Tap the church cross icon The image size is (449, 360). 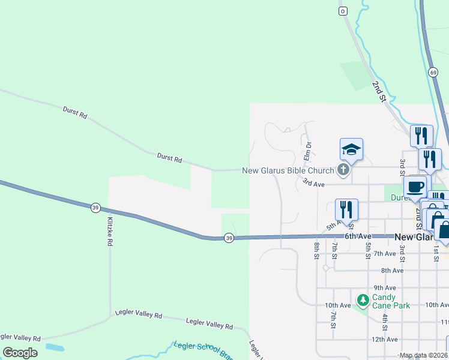pyautogui.click(x=343, y=170)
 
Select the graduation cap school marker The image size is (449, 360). pyautogui.click(x=351, y=149)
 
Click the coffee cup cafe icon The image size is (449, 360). pyautogui.click(x=417, y=187)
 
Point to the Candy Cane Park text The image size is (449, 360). pyautogui.click(x=391, y=301)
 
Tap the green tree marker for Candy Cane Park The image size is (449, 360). pyautogui.click(x=363, y=299)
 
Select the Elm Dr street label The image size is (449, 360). pyautogui.click(x=307, y=151)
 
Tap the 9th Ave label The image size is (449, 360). pyautogui.click(x=385, y=288)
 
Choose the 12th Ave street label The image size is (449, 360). pyautogui.click(x=385, y=340)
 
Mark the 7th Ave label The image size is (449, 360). pyautogui.click(x=385, y=254)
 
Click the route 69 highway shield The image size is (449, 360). pyautogui.click(x=433, y=72)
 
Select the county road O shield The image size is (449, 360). pyautogui.click(x=343, y=11)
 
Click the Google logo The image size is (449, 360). pyautogui.click(x=20, y=353)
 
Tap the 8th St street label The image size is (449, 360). pyautogui.click(x=316, y=250)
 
